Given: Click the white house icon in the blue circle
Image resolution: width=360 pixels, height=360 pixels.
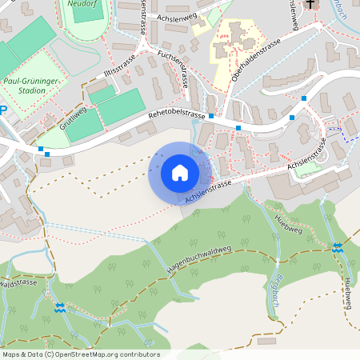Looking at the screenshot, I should click(x=179, y=172).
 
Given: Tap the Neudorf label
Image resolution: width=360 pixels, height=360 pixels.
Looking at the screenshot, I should click(x=82, y=3).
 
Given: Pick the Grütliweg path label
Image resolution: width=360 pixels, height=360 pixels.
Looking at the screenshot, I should click(x=73, y=119).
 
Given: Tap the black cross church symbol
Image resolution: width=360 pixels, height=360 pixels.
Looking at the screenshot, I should click(x=311, y=3).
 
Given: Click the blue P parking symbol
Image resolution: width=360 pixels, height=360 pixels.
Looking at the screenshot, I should click(x=2, y=111).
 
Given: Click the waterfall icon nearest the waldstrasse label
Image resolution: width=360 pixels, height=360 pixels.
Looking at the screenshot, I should click(x=58, y=306).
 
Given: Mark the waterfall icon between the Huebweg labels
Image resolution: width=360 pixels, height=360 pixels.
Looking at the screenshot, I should click(x=338, y=247).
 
